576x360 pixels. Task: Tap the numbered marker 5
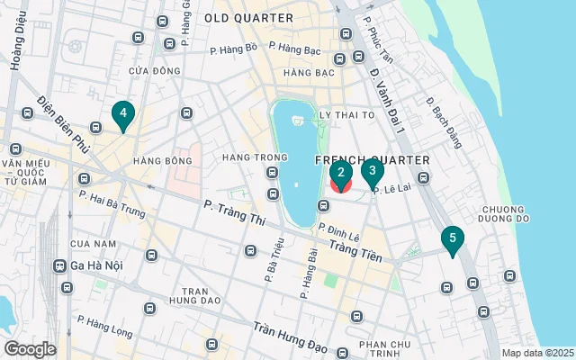point(453,239)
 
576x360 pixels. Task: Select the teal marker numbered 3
point(372,170)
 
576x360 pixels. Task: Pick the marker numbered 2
point(340,173)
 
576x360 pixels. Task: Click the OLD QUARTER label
point(248,18)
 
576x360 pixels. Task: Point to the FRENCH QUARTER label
point(372,160)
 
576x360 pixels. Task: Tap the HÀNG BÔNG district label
point(163,161)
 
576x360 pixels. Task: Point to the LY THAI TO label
point(347,115)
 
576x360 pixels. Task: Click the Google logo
point(30,349)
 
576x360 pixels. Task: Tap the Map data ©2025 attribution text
point(536,353)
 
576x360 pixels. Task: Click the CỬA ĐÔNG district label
point(149,70)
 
